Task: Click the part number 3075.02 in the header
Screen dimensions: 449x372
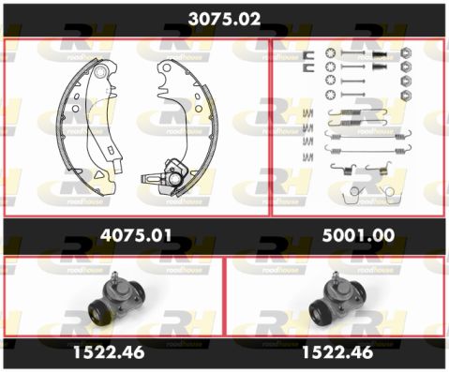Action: [224, 19]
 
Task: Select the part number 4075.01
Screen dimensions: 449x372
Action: [136, 235]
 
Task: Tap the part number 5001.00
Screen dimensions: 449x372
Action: [358, 235]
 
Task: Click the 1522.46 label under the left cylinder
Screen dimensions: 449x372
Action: [109, 352]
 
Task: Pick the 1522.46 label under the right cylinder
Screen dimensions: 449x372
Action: [337, 352]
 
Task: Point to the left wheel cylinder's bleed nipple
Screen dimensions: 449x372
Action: [115, 276]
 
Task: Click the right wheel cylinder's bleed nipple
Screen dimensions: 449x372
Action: [336, 276]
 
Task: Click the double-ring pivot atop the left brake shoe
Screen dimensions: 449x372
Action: [100, 72]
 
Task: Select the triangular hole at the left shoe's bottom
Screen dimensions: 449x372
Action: [99, 174]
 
